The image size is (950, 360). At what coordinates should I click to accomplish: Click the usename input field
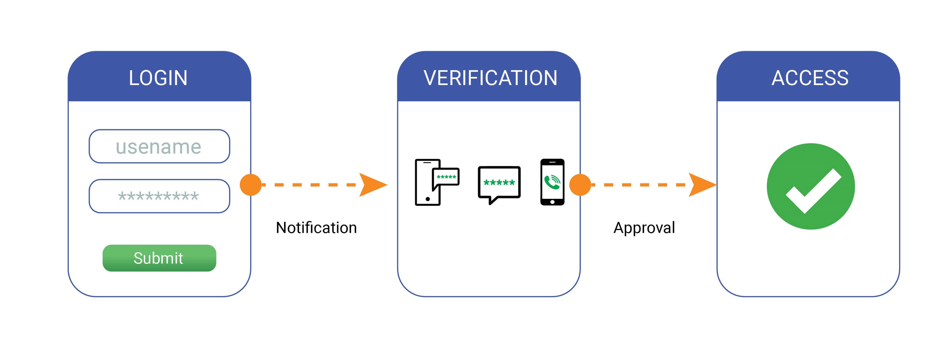coord(159,147)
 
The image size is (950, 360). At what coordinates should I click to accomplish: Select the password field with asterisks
coord(159,196)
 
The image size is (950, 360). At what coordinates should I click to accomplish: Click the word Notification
coord(316,228)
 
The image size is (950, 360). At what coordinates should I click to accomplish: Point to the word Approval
coord(644,228)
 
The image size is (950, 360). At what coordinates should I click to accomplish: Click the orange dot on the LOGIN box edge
coord(251,185)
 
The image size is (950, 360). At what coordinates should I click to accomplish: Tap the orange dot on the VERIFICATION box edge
coord(580,185)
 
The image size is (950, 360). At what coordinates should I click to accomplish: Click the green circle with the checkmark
coord(811,186)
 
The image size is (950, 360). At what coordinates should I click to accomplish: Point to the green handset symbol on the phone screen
coord(552,182)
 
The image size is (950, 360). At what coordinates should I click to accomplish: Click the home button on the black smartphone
coord(552,202)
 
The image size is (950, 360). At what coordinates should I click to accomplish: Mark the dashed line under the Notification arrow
coord(310,185)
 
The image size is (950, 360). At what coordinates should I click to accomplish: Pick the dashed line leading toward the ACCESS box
coord(640,185)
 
